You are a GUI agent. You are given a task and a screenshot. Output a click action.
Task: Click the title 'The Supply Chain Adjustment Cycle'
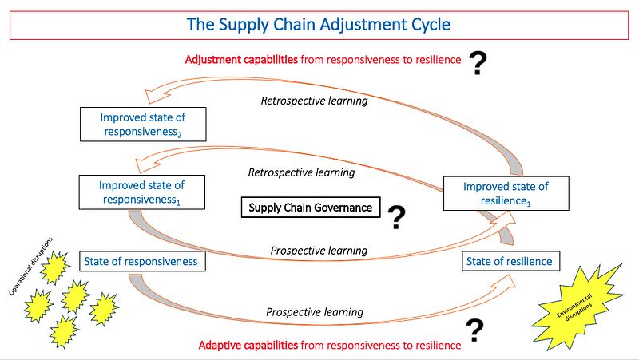(x=319, y=24)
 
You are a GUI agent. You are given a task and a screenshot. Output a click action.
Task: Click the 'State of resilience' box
(x=509, y=261)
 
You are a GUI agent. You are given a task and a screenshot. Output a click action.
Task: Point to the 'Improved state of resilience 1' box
(x=506, y=194)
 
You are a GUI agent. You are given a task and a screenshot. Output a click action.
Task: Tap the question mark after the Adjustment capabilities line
(x=477, y=63)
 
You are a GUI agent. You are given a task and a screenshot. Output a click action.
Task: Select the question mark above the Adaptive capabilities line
(x=475, y=329)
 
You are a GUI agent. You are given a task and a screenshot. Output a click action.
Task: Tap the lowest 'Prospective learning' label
(x=315, y=312)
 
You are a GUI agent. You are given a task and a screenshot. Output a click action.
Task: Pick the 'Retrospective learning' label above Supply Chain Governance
(x=301, y=172)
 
